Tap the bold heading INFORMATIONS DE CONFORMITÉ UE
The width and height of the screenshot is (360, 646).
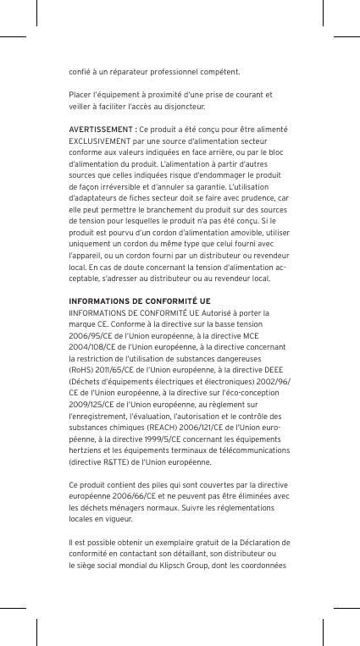pyautogui.click(x=140, y=301)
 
